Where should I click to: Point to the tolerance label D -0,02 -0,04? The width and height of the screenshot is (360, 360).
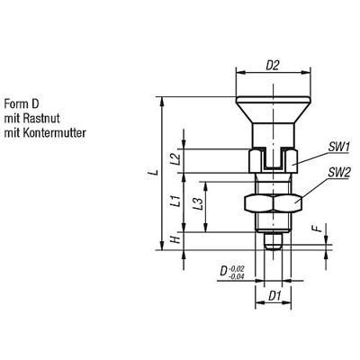(x=234, y=269)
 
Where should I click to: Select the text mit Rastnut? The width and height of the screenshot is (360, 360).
(x=31, y=116)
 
